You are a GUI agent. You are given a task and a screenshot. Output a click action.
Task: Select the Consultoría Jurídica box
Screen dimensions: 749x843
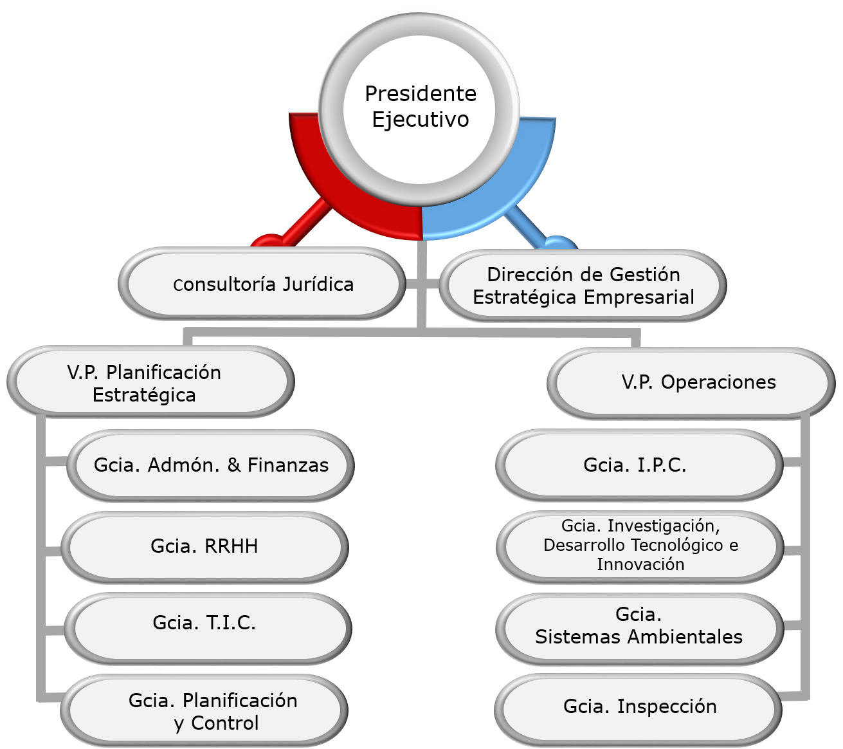(262, 284)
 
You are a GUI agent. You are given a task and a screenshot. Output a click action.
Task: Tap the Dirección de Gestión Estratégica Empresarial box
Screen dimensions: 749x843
(583, 286)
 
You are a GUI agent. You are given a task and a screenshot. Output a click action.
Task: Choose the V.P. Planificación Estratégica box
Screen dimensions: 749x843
(150, 383)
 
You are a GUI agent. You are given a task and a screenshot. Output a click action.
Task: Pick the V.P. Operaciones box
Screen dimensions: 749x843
(691, 383)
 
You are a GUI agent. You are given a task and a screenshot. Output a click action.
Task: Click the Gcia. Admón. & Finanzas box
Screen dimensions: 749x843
(210, 465)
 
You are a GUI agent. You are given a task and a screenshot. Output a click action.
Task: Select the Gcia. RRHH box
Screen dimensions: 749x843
(204, 547)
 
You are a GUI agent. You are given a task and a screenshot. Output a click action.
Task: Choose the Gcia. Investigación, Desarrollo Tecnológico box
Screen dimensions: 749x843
(640, 546)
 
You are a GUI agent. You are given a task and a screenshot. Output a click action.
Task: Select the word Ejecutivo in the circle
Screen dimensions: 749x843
(421, 120)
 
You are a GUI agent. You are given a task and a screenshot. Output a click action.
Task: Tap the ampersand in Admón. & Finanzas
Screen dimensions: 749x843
(235, 465)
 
